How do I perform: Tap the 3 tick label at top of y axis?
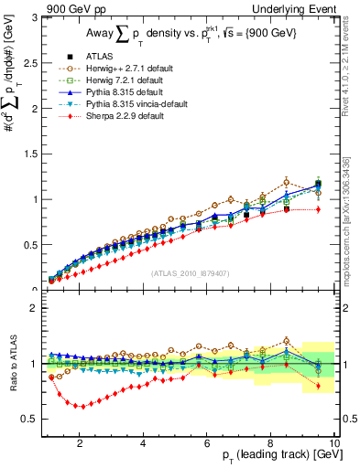point(35,17)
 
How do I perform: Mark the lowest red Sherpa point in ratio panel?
point(80,406)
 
